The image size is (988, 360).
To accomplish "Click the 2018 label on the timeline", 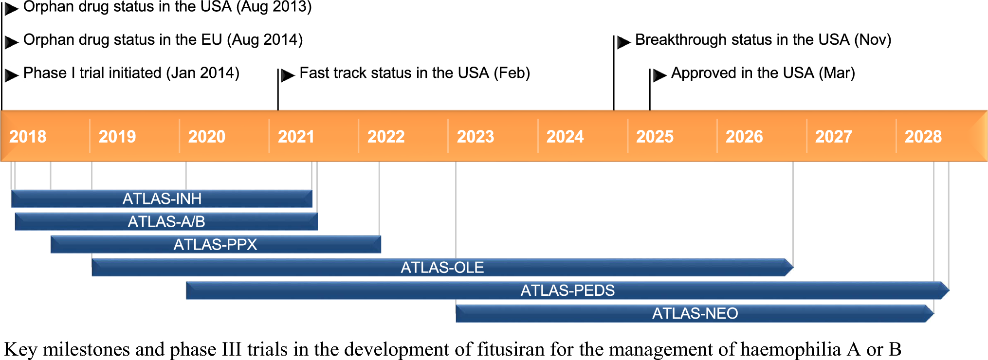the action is coord(28,137).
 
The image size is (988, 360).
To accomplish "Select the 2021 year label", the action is coord(296,137).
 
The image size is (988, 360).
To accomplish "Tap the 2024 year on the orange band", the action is coord(565,137).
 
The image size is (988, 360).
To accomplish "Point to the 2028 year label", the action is coord(923,137).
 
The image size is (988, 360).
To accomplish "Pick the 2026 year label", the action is coord(744,137).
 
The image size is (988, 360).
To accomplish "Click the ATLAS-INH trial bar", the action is coord(162,198).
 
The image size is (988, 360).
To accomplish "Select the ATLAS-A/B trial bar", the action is coord(166,221).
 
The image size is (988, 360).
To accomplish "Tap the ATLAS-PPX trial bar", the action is coord(216,244).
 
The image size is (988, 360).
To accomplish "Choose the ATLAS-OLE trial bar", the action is coord(442,267).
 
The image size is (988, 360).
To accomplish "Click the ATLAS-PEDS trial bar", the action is coord(567,290).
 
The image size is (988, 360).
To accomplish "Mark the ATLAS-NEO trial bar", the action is coord(695,313).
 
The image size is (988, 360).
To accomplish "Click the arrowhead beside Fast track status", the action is coord(288,75).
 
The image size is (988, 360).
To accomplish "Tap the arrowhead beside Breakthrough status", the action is coord(624,42).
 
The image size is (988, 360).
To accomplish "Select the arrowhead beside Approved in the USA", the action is coord(660,75).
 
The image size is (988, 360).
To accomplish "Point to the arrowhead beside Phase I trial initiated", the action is coord(12,75).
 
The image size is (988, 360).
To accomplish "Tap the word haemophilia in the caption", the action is coord(790,349).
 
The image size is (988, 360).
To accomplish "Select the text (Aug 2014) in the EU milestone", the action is coord(265,39).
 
